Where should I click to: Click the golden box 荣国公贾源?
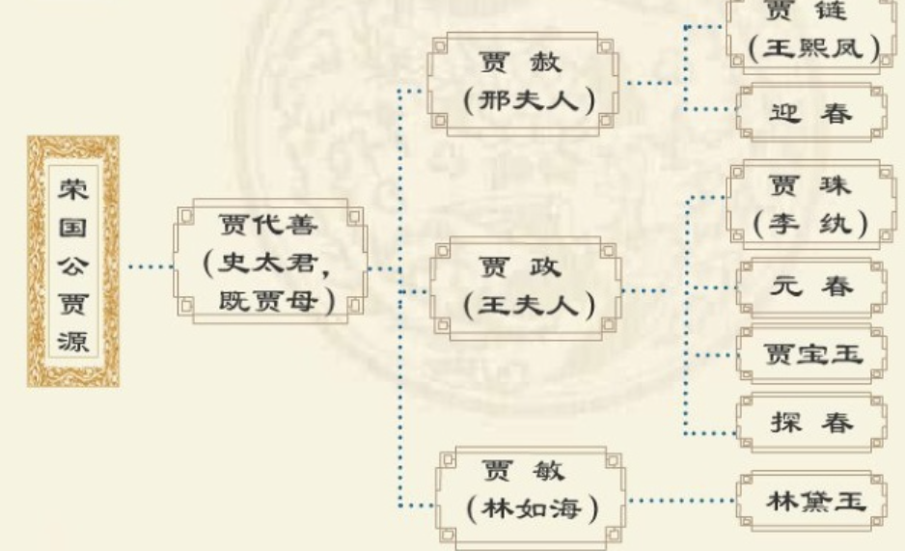coord(73,261)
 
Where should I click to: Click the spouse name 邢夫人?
coord(526,100)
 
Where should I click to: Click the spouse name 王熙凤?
coord(813,49)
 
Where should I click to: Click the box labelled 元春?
coord(810,287)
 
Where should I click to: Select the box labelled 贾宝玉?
coord(810,354)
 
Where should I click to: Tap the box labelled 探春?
coord(810,423)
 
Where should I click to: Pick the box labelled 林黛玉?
coord(810,502)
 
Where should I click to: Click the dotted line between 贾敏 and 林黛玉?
coord(680,501)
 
